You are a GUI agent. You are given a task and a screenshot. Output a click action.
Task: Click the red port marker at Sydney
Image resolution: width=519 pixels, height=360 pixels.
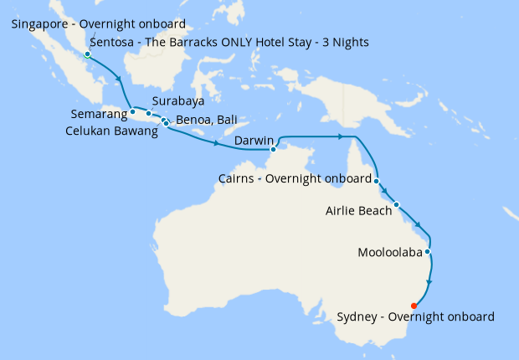point(414,306)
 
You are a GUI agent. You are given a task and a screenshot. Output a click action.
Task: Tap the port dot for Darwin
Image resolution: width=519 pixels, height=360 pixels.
point(274,150)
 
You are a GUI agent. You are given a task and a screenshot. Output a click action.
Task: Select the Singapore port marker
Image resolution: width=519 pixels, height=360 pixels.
point(87,54)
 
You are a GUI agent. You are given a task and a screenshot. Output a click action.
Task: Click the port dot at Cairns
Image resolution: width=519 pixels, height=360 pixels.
point(377,181)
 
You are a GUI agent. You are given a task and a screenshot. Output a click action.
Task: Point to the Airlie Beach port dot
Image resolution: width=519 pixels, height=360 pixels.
point(397,204)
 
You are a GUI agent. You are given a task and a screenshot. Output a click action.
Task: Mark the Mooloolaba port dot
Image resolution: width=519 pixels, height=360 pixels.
point(428,251)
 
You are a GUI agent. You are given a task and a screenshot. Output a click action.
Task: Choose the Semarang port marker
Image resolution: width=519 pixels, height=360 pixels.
point(132,111)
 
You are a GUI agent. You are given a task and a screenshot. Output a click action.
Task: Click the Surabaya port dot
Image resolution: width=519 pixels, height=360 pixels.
point(149,113)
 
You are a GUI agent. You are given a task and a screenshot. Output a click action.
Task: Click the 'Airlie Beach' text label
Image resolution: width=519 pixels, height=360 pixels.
point(358,211)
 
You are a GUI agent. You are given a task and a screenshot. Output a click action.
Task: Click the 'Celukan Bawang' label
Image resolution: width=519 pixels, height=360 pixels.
point(111,131)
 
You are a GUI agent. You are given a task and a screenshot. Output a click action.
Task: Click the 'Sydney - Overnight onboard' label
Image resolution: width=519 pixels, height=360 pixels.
point(415,316)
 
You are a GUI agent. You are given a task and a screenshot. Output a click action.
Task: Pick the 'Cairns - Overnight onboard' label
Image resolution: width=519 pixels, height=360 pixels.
point(294,179)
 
